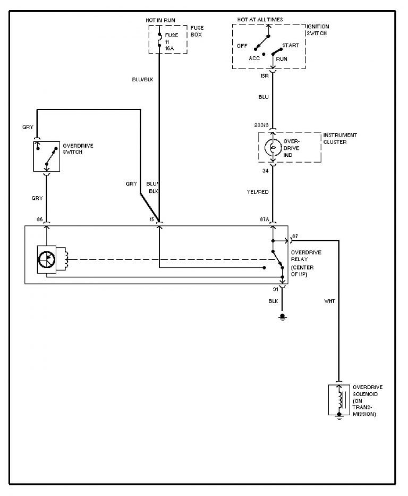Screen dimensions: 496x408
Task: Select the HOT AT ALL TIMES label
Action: coord(260,20)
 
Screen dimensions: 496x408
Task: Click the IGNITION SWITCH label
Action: coord(318,30)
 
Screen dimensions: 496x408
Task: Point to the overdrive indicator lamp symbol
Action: coord(273,147)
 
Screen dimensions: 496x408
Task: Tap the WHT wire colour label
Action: coord(329,302)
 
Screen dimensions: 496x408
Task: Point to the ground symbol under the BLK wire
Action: coord(283,317)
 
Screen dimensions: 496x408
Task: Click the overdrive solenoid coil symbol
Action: coord(339,399)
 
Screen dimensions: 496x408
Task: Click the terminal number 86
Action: coord(39,219)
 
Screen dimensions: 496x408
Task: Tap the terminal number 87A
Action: coord(264,219)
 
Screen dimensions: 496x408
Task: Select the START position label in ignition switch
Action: coord(290,46)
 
